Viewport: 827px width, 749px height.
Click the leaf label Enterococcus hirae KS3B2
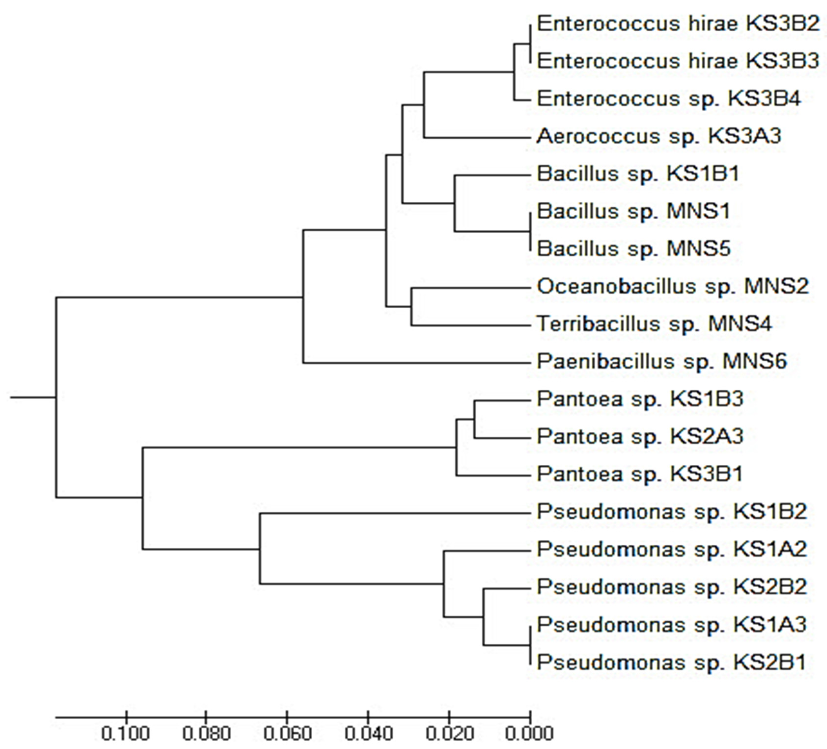(678, 24)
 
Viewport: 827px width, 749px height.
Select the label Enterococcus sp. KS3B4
(669, 99)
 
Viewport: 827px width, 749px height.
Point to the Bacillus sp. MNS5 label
(634, 249)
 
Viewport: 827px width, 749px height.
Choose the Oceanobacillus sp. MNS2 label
(673, 286)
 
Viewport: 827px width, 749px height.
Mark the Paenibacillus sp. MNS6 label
(662, 361)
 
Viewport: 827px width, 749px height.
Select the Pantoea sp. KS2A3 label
(640, 436)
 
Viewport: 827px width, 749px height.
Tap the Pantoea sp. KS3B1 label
(640, 474)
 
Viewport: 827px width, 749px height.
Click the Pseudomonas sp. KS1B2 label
(672, 512)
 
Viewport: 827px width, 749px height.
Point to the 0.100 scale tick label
(125, 734)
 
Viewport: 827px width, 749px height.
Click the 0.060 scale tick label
(288, 734)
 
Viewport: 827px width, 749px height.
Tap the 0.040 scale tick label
(368, 734)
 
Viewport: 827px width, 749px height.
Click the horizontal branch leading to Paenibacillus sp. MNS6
(416, 363)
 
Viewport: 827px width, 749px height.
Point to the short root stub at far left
(33, 397)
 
